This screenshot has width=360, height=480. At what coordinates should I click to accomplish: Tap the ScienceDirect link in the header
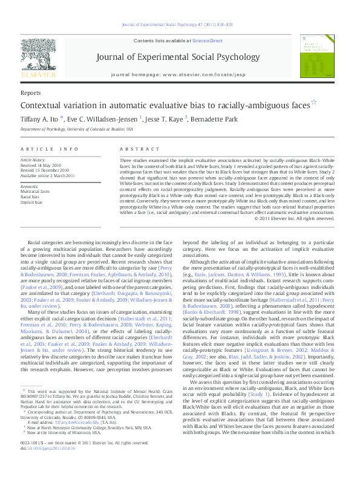[206, 40]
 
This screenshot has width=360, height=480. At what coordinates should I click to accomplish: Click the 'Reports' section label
[31, 93]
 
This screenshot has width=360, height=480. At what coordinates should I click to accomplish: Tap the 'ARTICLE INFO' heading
[50, 149]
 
